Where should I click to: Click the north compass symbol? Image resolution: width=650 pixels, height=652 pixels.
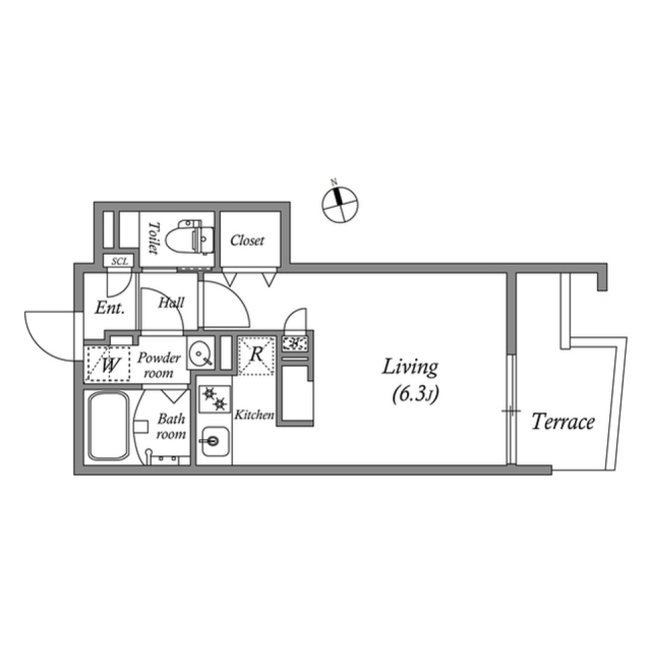point(340,204)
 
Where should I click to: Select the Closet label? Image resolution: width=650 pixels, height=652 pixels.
point(247,241)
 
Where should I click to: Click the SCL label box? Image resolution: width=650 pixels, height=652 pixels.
point(118,261)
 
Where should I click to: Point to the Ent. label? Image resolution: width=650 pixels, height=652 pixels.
point(110,308)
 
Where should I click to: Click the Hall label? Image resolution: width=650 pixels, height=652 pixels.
point(171,302)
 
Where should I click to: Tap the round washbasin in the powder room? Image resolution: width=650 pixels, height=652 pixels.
point(200,353)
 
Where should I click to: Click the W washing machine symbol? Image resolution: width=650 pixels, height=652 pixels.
point(108,364)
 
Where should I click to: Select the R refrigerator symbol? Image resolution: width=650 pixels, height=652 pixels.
point(256,356)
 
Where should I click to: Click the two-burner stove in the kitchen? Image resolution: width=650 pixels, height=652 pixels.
point(215,399)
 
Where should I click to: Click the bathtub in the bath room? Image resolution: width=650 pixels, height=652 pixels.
point(109,426)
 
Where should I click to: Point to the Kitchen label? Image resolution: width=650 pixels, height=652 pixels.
point(254,415)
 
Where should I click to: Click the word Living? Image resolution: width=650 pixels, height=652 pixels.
point(410,368)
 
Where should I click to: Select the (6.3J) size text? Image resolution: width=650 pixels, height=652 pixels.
point(415,394)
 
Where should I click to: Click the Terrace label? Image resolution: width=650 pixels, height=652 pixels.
point(563,422)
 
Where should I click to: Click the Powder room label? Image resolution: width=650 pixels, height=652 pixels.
point(158,365)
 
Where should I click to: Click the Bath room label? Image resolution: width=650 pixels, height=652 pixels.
point(171,426)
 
